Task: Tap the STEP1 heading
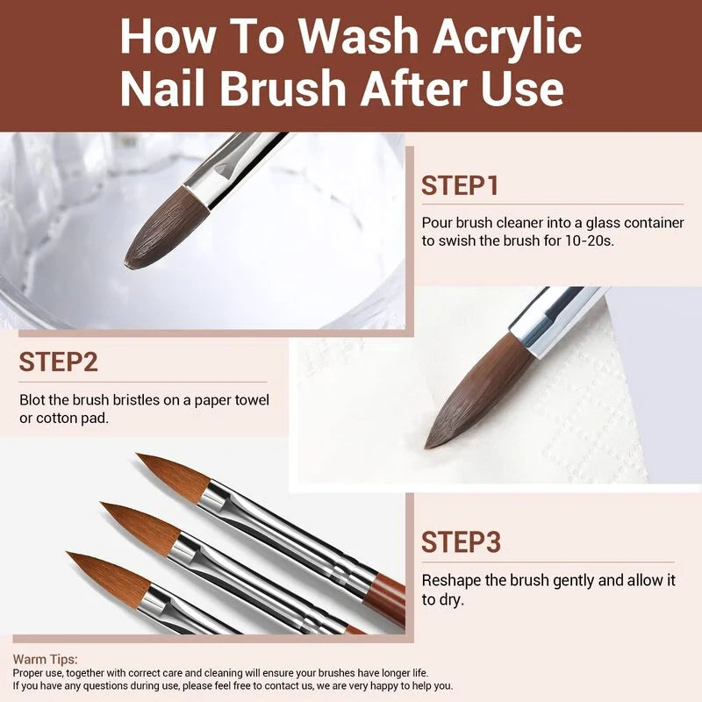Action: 460,186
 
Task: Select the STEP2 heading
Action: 59,362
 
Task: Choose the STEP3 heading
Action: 461,542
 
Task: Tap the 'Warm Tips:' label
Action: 45,658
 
